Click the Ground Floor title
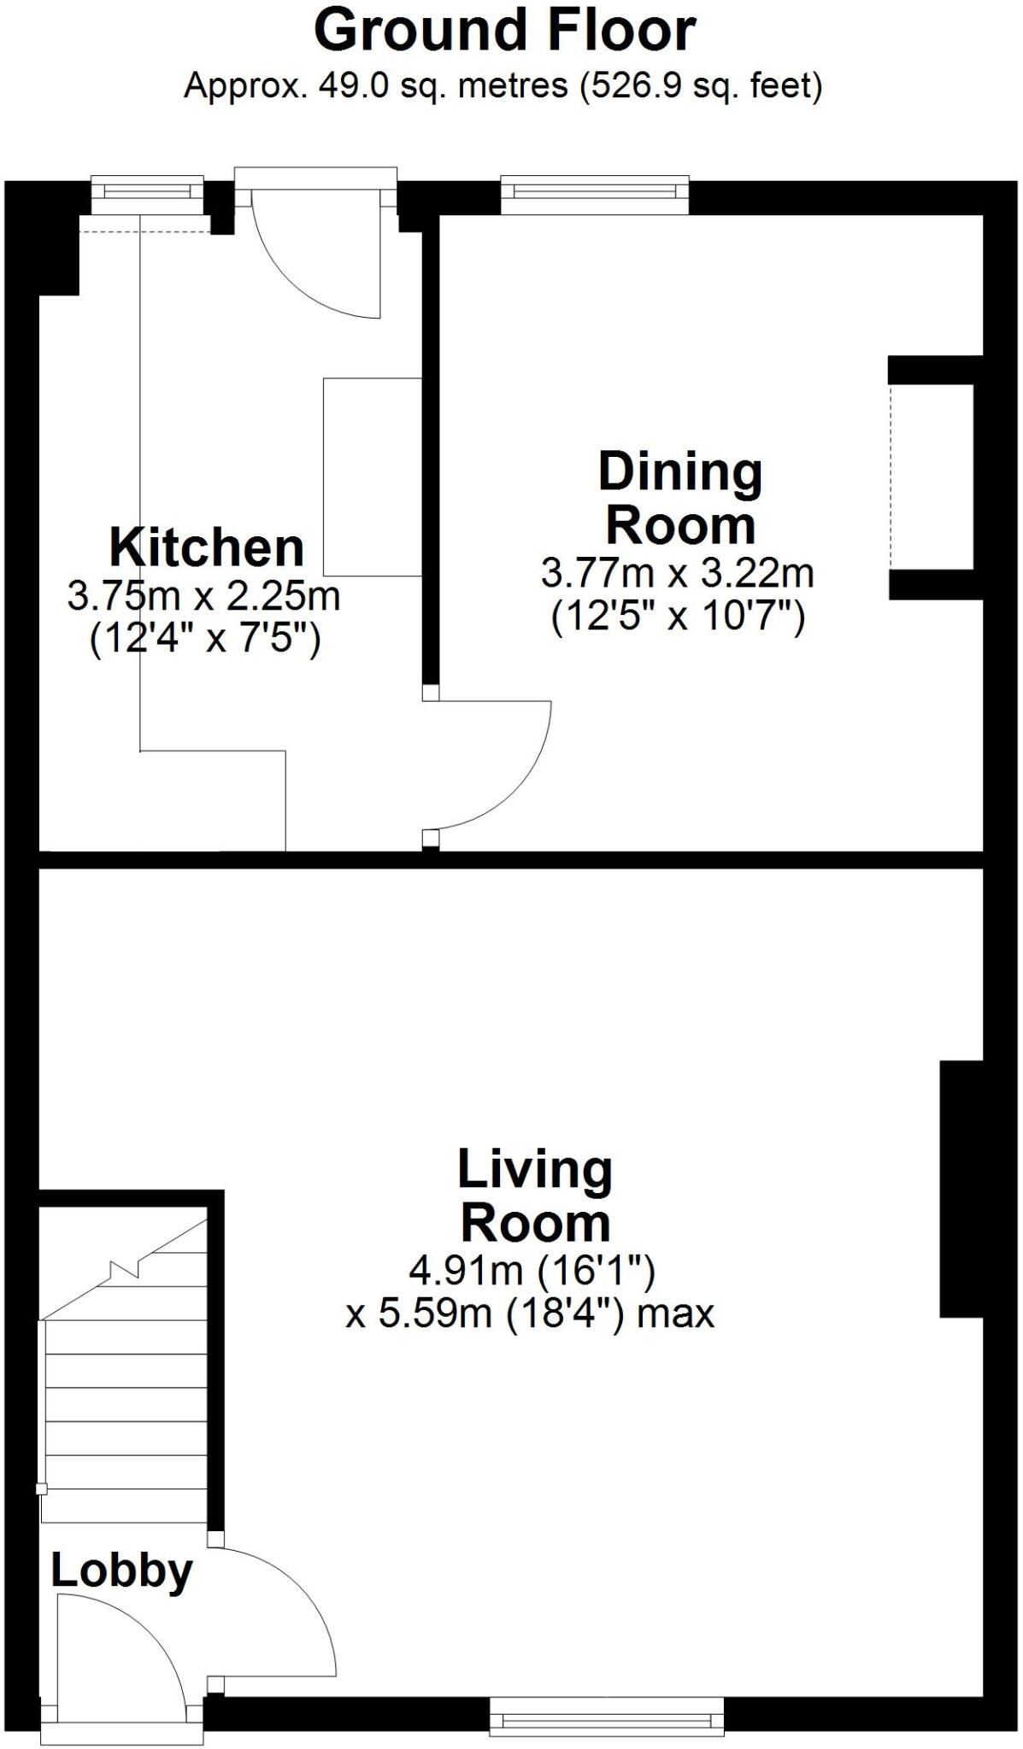[504, 31]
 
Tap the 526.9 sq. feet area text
[701, 86]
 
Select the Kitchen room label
[206, 547]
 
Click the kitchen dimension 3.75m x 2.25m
[203, 596]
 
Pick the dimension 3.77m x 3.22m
[677, 573]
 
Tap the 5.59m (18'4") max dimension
[530, 1313]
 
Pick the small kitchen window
[147, 195]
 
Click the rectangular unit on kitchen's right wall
[373, 477]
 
